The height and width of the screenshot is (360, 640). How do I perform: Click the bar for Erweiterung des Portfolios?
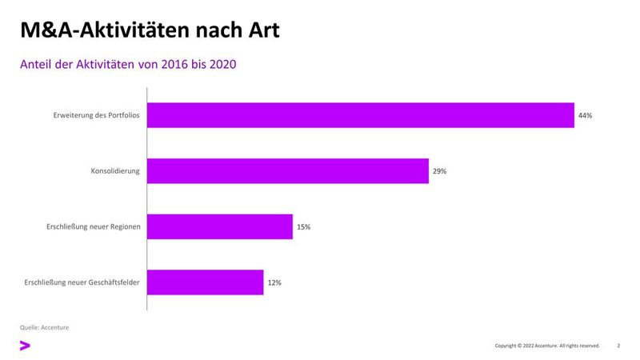click(360, 115)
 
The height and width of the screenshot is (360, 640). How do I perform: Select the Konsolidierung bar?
click(288, 171)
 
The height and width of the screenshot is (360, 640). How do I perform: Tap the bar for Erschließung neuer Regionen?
click(220, 227)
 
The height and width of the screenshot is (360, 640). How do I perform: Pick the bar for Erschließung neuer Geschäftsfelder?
click(206, 282)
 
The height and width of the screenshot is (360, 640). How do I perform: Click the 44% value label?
click(585, 116)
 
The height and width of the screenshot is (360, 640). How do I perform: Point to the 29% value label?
click(439, 171)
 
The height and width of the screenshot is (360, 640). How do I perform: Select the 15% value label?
click(303, 227)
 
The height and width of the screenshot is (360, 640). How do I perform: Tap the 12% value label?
click(274, 282)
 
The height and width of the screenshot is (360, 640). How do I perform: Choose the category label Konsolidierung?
click(116, 171)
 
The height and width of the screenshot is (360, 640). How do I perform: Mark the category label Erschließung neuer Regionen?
click(94, 227)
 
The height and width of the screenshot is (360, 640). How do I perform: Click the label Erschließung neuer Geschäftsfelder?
click(83, 282)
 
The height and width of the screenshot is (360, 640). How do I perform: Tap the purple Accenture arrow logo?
click(25, 346)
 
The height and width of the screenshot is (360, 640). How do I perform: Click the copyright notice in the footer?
click(547, 346)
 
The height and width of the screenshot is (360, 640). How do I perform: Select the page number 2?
click(618, 346)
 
